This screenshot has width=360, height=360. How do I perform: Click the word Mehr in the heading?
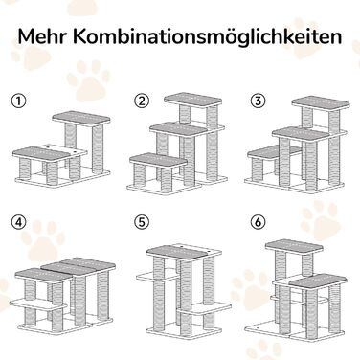[42, 36]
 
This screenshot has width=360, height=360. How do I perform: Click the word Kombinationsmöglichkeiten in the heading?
[208, 38]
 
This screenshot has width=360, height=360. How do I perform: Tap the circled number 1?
[19, 101]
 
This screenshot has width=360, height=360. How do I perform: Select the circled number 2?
[142, 101]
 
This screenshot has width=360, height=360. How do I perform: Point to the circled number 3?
[259, 101]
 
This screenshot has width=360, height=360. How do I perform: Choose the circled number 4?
[19, 222]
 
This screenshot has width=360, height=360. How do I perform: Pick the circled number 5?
[142, 222]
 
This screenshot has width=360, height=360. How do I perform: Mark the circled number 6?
[259, 222]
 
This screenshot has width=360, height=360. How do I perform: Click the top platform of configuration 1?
[81, 119]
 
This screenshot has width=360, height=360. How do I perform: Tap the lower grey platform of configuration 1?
[41, 154]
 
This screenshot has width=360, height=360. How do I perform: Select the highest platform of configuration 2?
[193, 100]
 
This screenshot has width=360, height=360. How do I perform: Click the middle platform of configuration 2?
[179, 129]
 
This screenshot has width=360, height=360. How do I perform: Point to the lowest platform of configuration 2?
[159, 160]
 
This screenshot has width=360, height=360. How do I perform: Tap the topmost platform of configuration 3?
[321, 103]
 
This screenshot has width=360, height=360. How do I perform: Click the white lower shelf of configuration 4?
[38, 304]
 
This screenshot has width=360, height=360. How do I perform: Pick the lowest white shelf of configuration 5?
[204, 308]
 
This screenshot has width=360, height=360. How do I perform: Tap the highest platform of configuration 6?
[294, 247]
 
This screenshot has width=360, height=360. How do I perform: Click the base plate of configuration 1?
[63, 178]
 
